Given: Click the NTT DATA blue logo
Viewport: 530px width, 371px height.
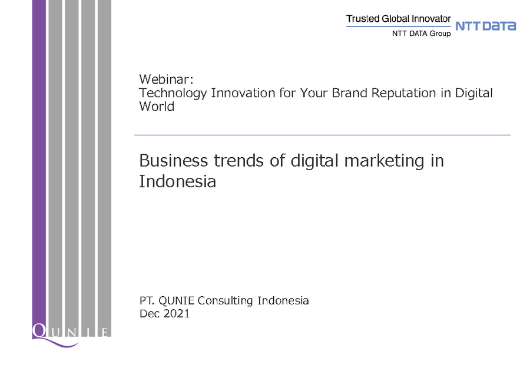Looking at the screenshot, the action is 486,26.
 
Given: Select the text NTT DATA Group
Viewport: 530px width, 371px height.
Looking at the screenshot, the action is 421,34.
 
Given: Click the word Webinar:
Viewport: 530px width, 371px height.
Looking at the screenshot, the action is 166,79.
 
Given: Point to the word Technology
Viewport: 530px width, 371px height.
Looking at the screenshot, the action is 173,94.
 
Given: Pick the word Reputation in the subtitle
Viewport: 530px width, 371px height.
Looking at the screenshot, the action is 403,93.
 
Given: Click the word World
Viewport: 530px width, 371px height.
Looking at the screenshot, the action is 157,107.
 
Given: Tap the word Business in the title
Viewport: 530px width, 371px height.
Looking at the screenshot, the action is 173,161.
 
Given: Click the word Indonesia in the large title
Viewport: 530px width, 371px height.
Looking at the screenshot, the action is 177,181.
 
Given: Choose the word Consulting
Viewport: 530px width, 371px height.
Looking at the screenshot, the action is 225,300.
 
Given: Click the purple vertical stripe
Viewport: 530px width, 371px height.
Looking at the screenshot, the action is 39,162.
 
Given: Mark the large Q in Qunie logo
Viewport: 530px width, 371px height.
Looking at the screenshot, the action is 39,331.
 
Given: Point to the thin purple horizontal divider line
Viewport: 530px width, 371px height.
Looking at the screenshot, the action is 323,135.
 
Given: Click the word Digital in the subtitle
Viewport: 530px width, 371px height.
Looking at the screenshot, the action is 474,93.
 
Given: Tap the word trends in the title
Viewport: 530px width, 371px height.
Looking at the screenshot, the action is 238,161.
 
